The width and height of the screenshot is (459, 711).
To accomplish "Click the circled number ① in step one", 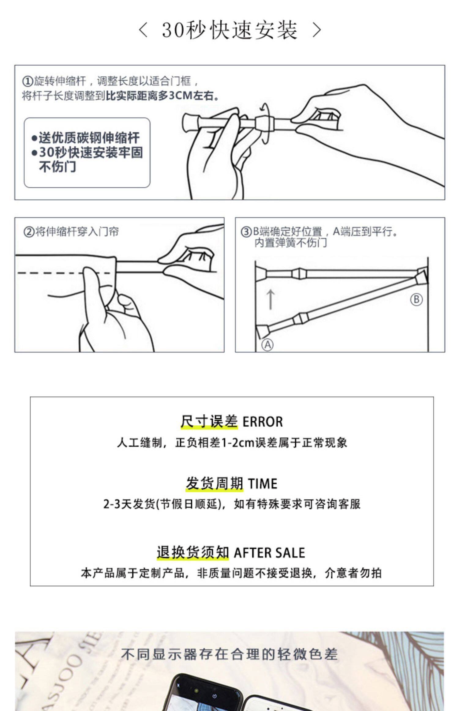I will pos(27,82).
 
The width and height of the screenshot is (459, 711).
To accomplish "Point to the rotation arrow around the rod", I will pos(265,122).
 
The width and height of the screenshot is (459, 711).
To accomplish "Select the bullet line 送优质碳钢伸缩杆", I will pos(86,138).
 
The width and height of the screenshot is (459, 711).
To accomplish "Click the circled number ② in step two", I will pos(29,232).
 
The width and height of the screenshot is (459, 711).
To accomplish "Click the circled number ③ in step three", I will pos(246,232).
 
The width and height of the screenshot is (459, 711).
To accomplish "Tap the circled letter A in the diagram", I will pos(267,345).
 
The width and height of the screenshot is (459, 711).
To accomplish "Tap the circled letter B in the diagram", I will pos(416,299).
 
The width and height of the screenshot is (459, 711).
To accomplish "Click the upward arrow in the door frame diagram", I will pos(271,299).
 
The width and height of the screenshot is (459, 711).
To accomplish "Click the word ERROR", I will pos(263,422).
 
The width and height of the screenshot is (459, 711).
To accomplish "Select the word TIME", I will pos(263,484).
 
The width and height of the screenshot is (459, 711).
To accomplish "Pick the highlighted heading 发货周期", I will pos(214,484).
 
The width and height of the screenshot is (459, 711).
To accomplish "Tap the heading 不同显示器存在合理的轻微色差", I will pos(229,654).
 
